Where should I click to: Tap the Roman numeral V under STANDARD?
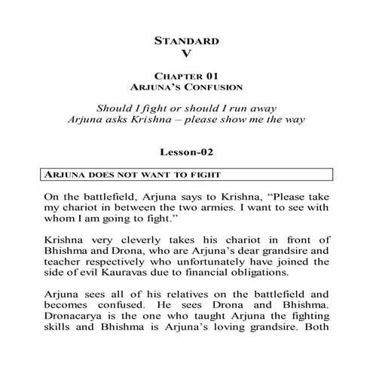186,54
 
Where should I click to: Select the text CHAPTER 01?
185,77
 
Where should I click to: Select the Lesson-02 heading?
186,150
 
